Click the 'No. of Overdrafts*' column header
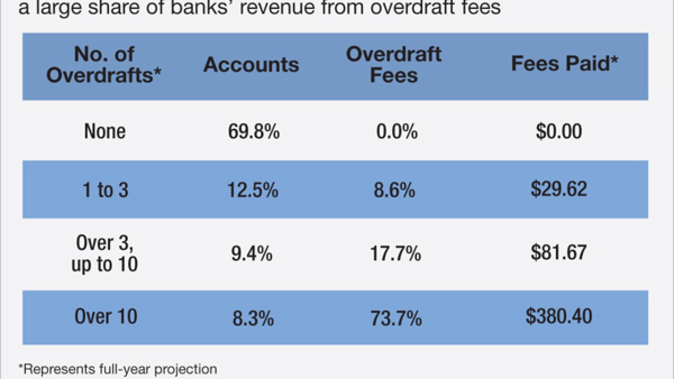pyautogui.click(x=104, y=65)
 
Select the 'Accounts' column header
pyautogui.click(x=251, y=65)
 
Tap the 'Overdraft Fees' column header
pyautogui.click(x=393, y=65)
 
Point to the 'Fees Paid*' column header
pyautogui.click(x=564, y=64)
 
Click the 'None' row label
pyautogui.click(x=105, y=131)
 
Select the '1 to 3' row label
pyautogui.click(x=105, y=190)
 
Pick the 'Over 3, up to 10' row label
pyautogui.click(x=104, y=254)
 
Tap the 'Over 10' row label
pyautogui.click(x=105, y=317)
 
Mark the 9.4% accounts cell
pyautogui.click(x=251, y=254)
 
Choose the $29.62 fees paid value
pyautogui.click(x=559, y=189)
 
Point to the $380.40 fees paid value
pyautogui.click(x=559, y=316)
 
